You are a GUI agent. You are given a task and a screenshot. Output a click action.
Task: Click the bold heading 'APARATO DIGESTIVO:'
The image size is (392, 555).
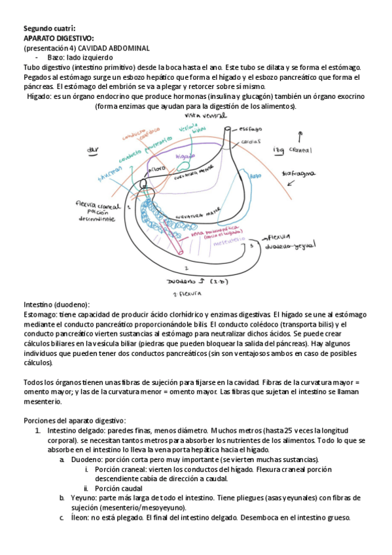click(x=59, y=39)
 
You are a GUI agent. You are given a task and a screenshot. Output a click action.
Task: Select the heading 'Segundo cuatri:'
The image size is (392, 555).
click(x=49, y=29)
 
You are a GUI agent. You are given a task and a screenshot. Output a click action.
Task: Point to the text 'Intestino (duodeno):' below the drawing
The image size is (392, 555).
click(x=56, y=305)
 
